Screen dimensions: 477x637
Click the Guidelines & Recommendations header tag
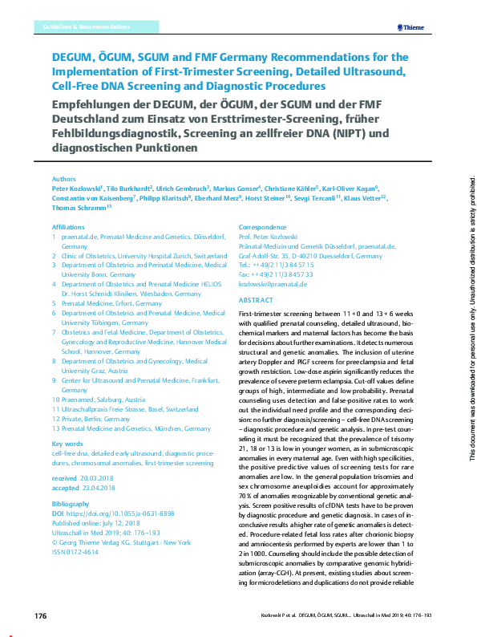coord(84,27)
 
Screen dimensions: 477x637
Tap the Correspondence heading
coord(263,227)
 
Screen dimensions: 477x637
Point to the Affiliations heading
coord(68,227)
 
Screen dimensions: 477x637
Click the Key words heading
coord(67,444)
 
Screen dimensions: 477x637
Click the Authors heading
coord(63,179)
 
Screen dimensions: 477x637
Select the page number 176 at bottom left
coord(42,616)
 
